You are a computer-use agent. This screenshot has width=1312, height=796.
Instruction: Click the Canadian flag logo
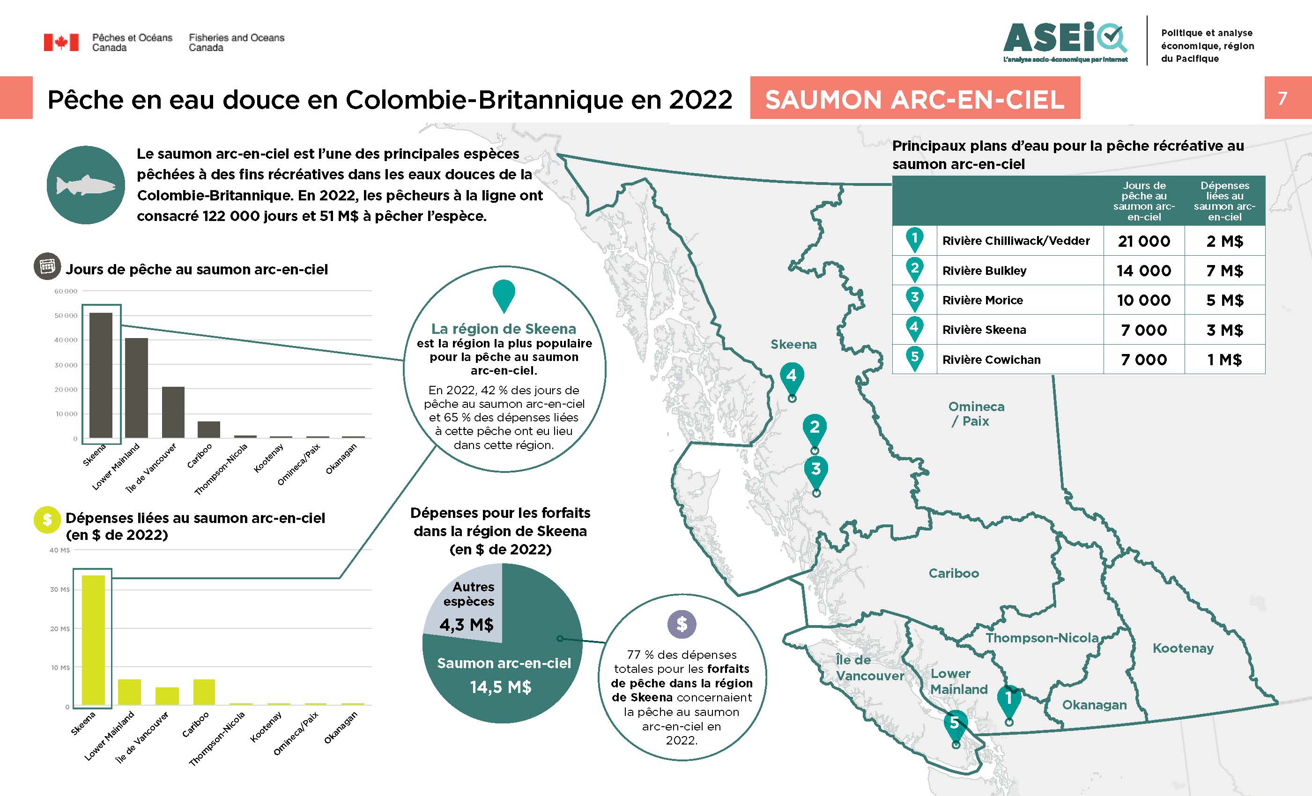(61, 42)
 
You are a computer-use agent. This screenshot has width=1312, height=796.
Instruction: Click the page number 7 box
(1282, 98)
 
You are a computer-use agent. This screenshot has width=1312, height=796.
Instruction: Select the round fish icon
(86, 185)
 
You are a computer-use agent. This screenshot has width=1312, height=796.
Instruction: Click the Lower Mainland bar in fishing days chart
(136, 388)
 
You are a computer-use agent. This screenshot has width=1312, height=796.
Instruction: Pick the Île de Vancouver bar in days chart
(173, 412)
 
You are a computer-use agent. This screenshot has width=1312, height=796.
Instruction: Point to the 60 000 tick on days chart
(66, 291)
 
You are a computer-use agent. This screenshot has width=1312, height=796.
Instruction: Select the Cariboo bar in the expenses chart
(204, 692)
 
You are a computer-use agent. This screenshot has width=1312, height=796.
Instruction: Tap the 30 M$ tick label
(59, 590)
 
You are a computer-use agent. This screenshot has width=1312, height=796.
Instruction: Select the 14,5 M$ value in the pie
(501, 687)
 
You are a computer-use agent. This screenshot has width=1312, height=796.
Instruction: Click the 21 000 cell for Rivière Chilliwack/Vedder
(1144, 241)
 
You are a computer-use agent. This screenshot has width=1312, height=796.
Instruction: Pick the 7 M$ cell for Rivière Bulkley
(1224, 271)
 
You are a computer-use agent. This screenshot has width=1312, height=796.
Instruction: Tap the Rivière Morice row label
(982, 300)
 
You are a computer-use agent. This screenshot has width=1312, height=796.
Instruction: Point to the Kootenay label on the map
(1183, 648)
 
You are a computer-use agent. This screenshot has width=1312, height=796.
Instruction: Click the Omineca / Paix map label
(976, 414)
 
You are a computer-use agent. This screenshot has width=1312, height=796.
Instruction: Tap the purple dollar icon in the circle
(682, 624)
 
